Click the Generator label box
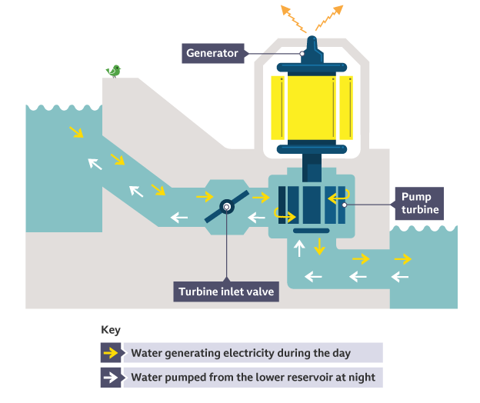pyautogui.click(x=212, y=53)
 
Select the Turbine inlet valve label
pyautogui.click(x=225, y=291)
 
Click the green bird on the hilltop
pyautogui.click(x=115, y=72)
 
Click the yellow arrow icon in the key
pyautogui.click(x=111, y=354)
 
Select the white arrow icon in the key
pyautogui.click(x=111, y=378)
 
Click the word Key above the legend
pyautogui.click(x=111, y=330)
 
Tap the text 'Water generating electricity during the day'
pyautogui.click(x=241, y=354)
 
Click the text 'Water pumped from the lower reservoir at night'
pyautogui.click(x=253, y=378)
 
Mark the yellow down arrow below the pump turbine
pyautogui.click(x=318, y=248)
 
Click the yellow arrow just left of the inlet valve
pyautogui.click(x=204, y=197)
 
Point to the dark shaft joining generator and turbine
pyautogui.click(x=312, y=162)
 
